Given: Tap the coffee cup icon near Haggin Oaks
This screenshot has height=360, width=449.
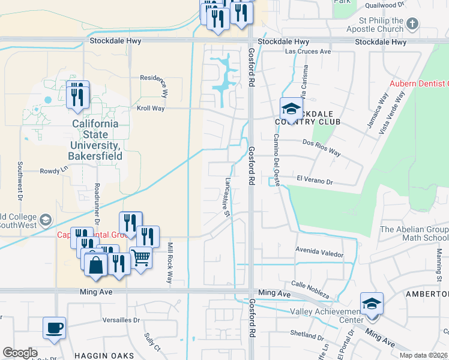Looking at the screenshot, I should tap(54, 328).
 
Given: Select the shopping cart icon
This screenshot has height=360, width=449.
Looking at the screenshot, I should tap(140, 257).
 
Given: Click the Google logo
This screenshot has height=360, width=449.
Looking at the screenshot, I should tap(20, 353).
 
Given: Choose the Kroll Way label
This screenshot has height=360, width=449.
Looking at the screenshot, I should tap(151, 109).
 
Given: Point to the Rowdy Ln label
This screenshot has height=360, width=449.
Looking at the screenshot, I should tap(50, 171).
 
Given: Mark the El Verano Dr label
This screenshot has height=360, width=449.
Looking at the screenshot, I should tap(315, 180).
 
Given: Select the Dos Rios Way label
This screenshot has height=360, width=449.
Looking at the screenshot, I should tap(322, 148).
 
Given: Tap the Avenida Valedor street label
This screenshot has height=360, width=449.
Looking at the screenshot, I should tap(319, 251).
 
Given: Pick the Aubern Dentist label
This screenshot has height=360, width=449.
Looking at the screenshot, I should tap(419, 84).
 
